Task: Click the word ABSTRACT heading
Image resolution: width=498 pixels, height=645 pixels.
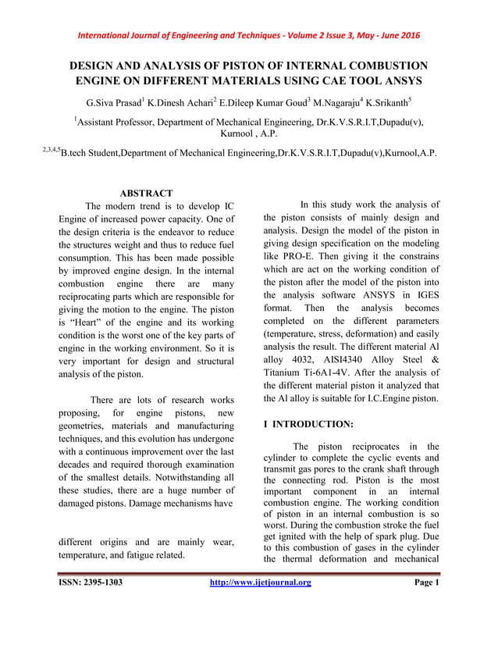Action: (146, 193)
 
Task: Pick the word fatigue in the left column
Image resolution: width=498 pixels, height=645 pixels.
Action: (151, 555)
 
